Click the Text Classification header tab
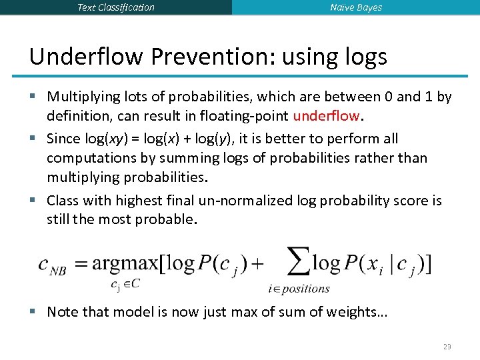(115, 7)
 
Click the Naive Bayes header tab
(356, 7)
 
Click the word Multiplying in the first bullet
(82, 97)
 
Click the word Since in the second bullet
(62, 139)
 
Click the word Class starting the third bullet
(63, 201)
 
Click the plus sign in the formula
(257, 263)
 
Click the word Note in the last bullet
(62, 311)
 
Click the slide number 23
(447, 347)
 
